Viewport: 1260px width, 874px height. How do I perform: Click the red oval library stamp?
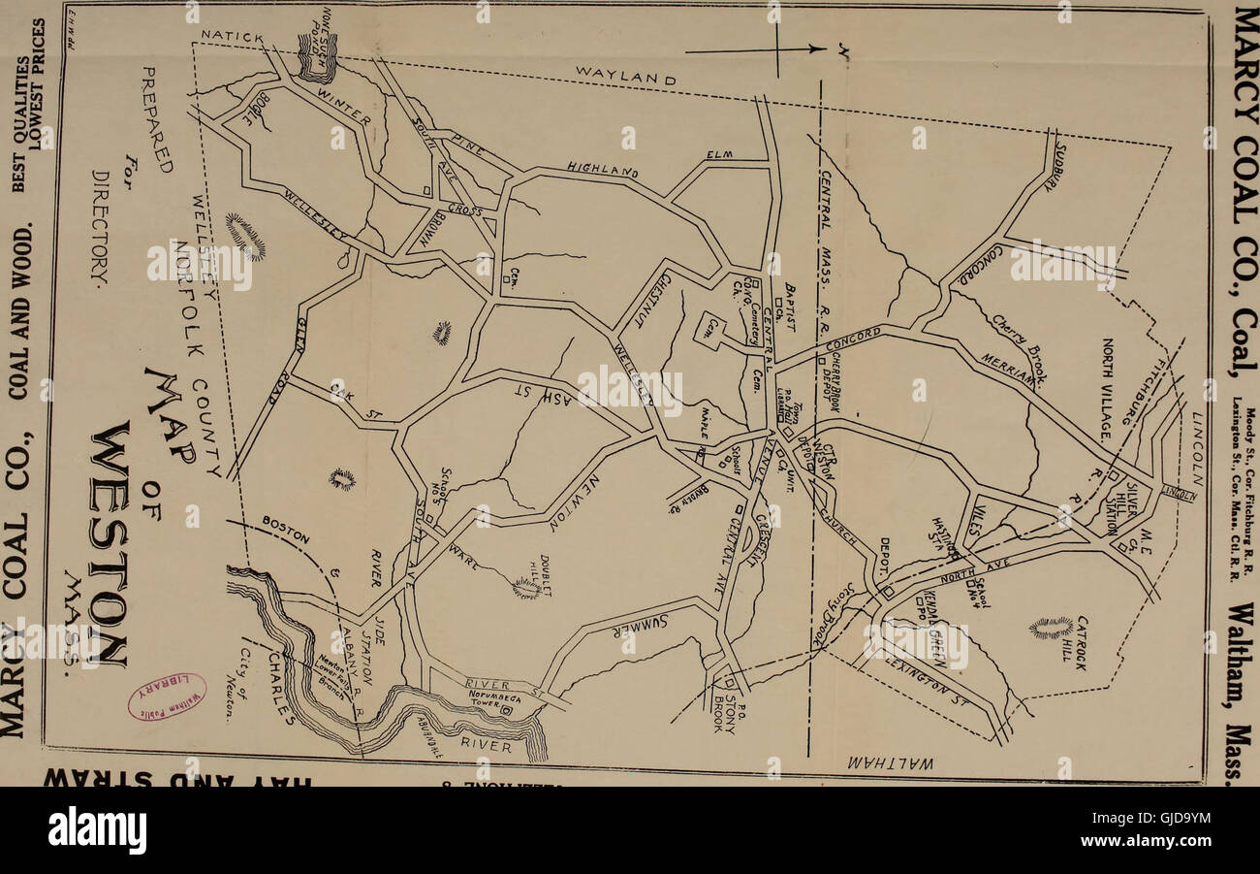167,697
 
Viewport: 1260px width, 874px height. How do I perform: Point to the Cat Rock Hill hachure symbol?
1051,627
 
